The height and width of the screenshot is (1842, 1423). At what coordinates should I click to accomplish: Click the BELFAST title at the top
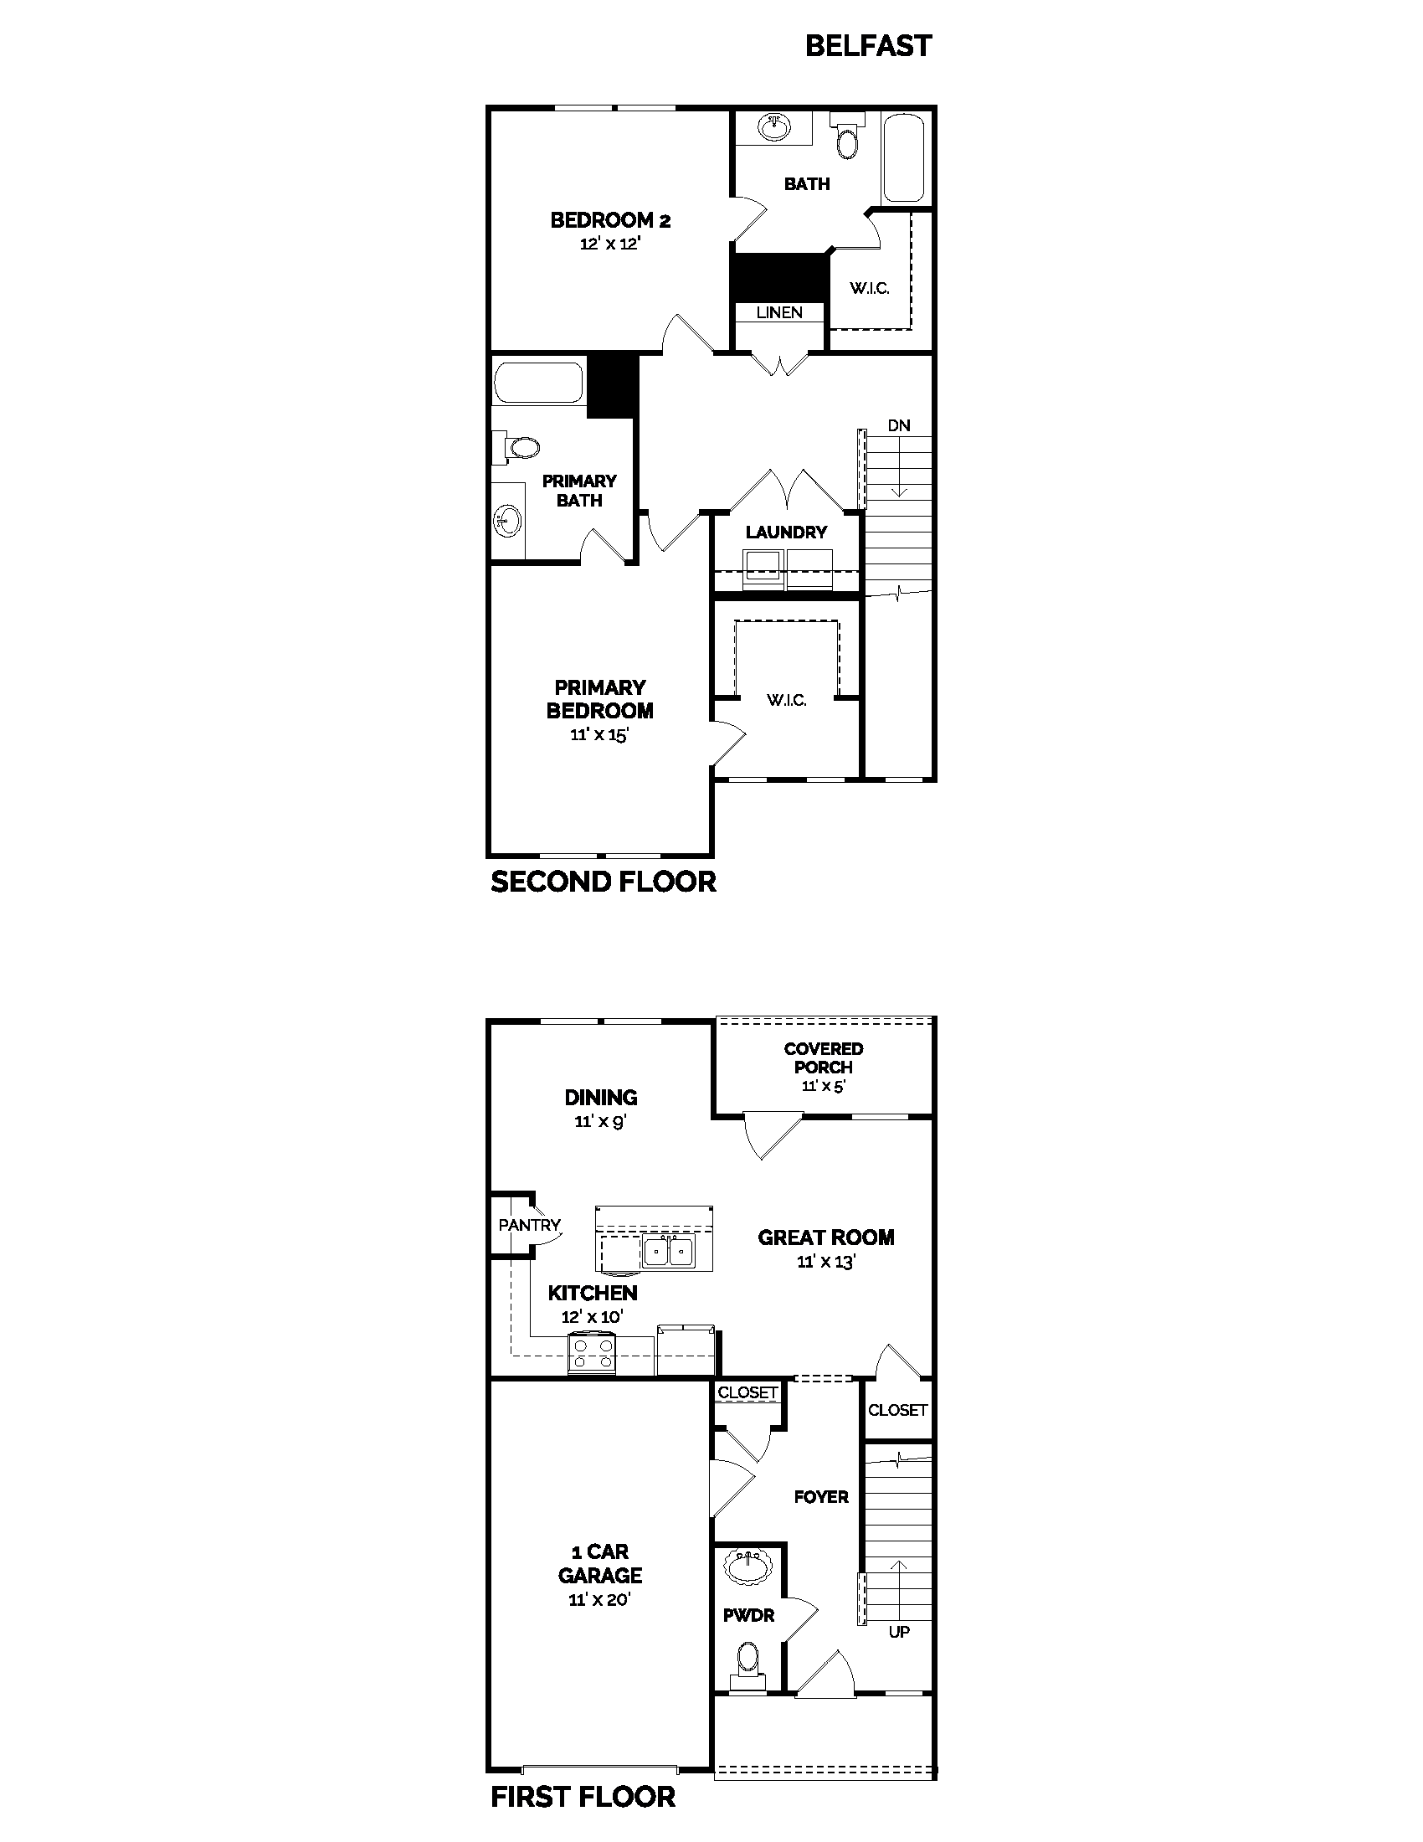click(868, 45)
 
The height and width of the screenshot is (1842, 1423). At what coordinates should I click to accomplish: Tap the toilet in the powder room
click(747, 1662)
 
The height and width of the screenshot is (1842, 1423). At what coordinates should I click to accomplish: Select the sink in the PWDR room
click(747, 1569)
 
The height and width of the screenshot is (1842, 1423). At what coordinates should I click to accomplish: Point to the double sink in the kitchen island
click(668, 1252)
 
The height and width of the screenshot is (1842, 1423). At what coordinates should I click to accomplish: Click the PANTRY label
click(528, 1225)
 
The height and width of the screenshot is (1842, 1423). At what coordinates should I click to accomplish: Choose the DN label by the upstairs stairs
click(899, 425)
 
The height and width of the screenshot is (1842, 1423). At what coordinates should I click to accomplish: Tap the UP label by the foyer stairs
click(899, 1632)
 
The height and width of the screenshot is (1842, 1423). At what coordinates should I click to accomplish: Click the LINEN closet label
click(779, 312)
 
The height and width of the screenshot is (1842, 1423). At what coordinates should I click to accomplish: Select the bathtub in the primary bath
click(539, 383)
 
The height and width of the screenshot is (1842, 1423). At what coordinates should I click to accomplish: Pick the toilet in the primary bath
click(519, 447)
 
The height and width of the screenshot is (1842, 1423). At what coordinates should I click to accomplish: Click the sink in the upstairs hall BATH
click(775, 128)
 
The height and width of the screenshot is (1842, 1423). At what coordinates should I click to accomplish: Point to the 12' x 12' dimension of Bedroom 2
click(610, 244)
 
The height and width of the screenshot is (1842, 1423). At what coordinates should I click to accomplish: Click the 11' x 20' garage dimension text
click(599, 1599)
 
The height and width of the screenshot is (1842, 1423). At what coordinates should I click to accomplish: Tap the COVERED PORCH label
click(823, 1057)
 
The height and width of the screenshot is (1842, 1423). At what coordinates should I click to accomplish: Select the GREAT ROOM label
click(825, 1237)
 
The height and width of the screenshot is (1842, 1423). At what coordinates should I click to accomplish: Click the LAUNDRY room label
click(786, 533)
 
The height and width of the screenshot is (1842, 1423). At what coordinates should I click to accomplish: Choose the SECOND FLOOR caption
click(603, 882)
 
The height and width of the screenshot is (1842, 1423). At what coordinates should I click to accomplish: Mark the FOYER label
click(821, 1497)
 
